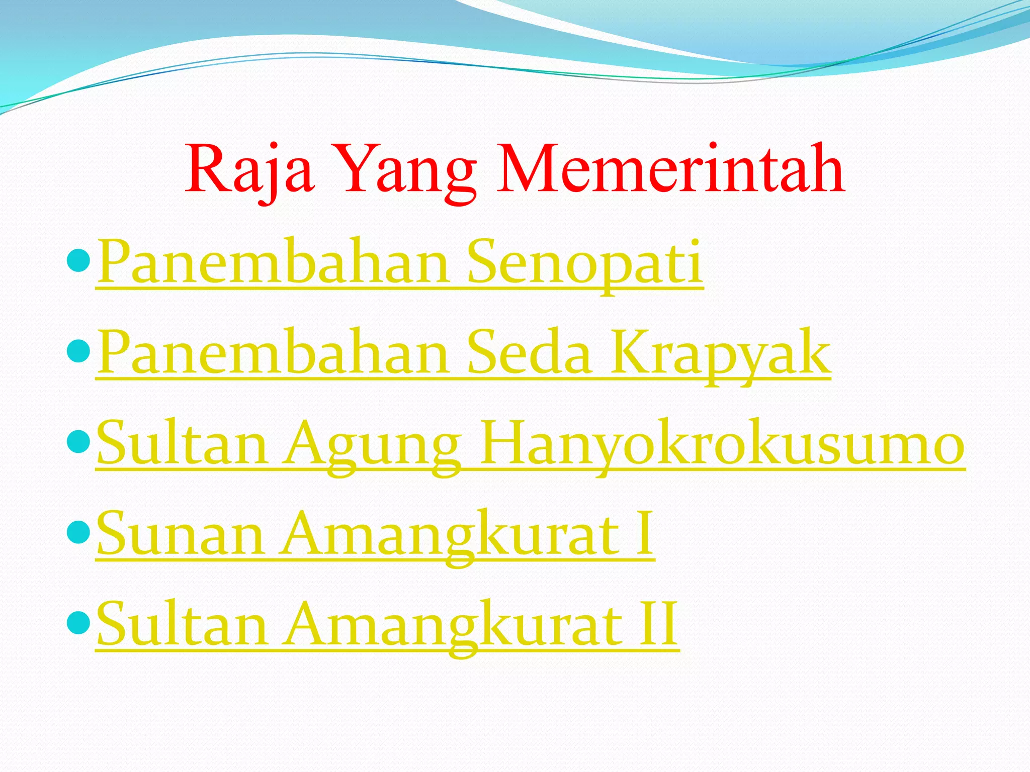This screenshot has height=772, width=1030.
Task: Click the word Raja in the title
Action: pos(250,169)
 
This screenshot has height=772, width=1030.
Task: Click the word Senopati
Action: pos(585,262)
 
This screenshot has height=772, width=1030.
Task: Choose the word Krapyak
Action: pos(720,353)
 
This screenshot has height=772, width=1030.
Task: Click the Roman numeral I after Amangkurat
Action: pos(644,533)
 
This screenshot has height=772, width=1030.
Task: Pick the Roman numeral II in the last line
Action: pos(658,625)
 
